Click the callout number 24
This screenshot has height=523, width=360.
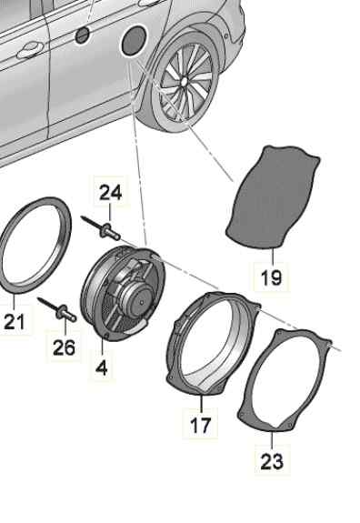(x=111, y=193)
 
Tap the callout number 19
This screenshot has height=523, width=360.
(x=271, y=277)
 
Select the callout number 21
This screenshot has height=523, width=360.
(x=15, y=322)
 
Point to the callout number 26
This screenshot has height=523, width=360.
(x=64, y=347)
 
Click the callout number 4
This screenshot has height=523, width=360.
(x=101, y=367)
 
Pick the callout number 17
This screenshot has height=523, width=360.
(x=201, y=425)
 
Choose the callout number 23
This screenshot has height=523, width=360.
(x=272, y=462)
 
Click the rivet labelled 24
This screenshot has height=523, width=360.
(x=101, y=227)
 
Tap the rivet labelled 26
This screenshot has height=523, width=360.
(x=57, y=309)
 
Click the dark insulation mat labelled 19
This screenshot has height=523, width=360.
(x=272, y=196)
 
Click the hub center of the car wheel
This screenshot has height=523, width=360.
(x=184, y=82)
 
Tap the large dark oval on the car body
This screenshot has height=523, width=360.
(x=134, y=40)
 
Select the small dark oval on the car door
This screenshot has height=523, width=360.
(x=82, y=35)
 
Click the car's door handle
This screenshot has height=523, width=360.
(x=30, y=50)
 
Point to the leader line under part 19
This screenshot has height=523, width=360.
(x=273, y=256)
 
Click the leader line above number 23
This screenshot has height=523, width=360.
(x=272, y=440)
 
